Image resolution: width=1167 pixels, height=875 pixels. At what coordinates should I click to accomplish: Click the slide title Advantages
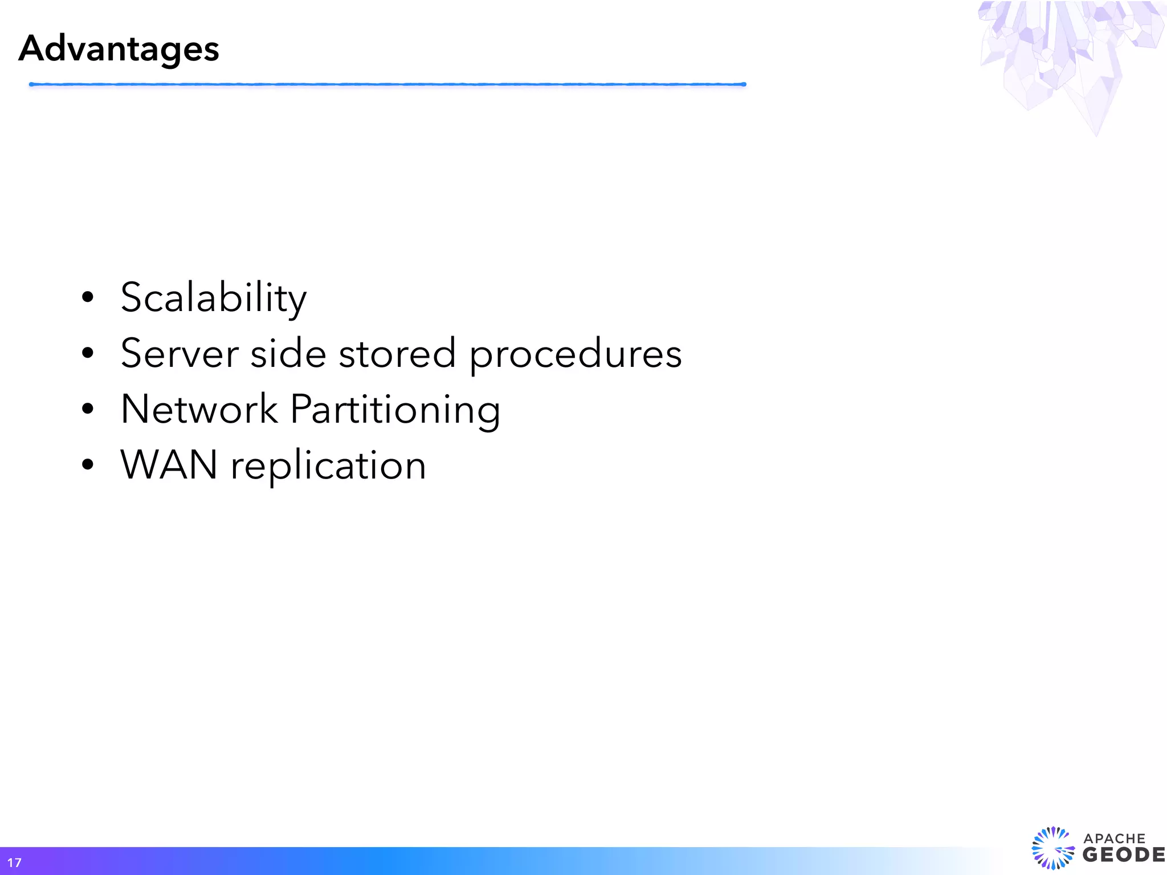click(119, 49)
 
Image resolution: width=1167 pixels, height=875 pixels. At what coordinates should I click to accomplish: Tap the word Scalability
click(214, 298)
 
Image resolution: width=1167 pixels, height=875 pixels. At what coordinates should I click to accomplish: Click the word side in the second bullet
click(288, 353)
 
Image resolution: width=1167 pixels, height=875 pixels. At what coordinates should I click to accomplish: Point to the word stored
click(397, 353)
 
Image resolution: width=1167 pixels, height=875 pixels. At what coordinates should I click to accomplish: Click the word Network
click(199, 409)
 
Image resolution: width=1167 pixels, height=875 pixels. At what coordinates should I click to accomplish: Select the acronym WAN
click(169, 465)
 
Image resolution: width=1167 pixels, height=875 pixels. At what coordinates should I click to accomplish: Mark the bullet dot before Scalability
click(87, 297)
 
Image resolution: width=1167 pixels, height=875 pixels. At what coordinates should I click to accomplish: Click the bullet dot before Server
click(87, 353)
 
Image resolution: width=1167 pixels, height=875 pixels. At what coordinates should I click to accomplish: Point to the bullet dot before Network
click(87, 408)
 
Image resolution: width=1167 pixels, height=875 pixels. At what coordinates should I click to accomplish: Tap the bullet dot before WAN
click(87, 464)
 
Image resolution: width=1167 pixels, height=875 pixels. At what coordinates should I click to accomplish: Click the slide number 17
click(14, 862)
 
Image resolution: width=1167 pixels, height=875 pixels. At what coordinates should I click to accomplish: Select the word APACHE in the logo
click(1114, 839)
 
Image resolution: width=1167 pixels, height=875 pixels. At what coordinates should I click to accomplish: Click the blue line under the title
click(387, 84)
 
